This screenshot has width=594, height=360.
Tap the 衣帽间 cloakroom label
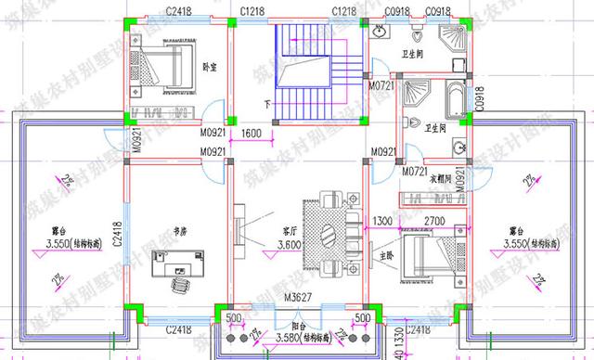point(441,178)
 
